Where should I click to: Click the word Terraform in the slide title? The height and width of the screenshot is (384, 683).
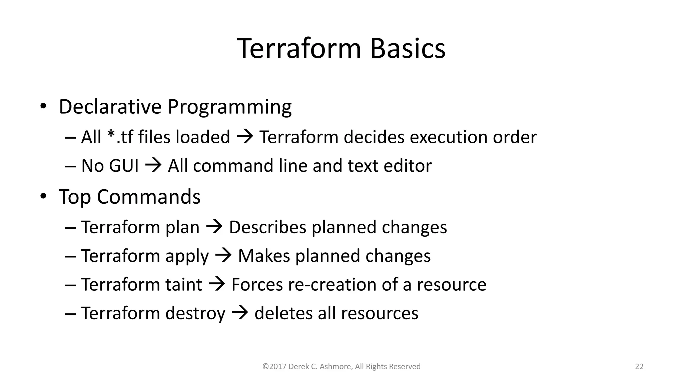(x=299, y=49)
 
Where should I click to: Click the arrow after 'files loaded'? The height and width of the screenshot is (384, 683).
(x=245, y=137)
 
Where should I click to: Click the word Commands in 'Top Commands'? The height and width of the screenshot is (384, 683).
(x=149, y=197)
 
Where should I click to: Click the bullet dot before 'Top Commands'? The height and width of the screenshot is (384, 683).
(x=43, y=197)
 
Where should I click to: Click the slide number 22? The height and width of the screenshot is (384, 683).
(x=639, y=367)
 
